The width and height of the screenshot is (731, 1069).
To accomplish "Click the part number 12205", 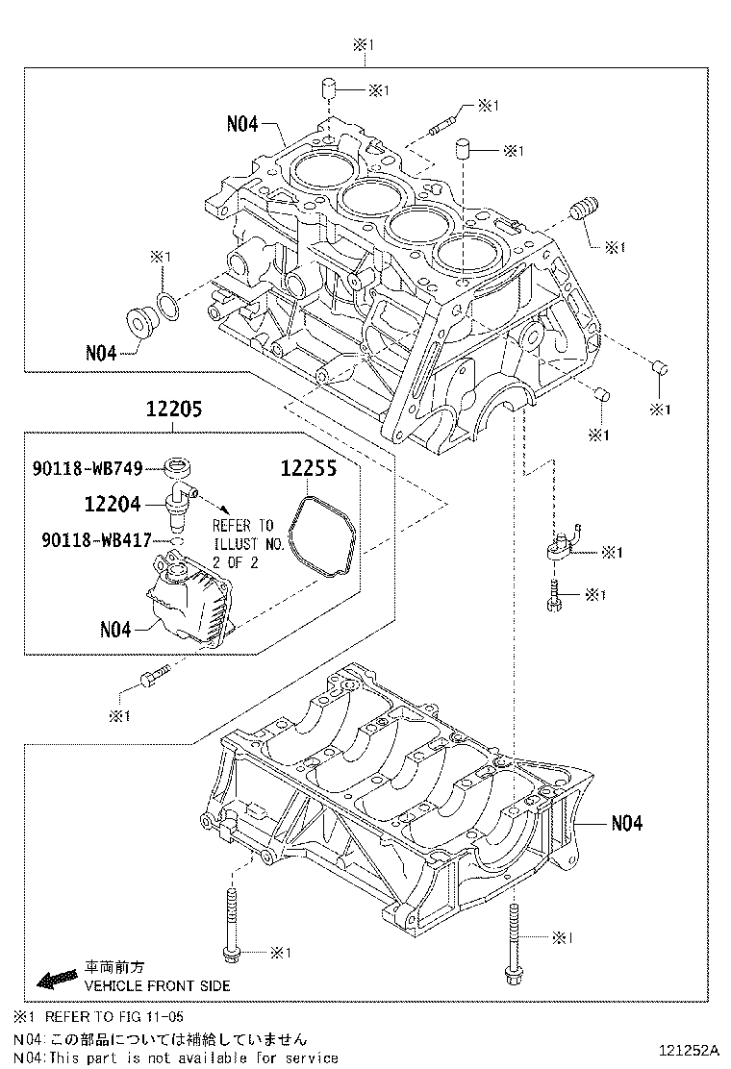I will pos(174,409).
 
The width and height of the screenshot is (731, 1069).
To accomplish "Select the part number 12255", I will pos(309,469).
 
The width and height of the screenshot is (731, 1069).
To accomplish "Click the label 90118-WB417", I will pos(95,540).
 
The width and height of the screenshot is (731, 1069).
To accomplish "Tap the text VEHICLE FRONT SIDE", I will pos(156,985).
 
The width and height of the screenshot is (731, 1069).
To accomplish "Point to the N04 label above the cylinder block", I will pos(242,123).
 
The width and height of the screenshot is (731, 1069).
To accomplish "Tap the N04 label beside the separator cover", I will pos(115,630).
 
